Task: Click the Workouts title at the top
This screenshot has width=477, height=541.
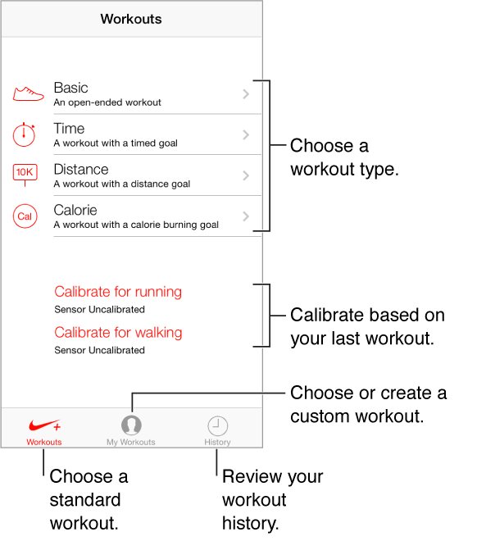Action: pyautogui.click(x=131, y=18)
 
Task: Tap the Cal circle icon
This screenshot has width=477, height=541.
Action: pyautogui.click(x=25, y=216)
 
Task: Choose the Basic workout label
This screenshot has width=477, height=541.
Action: pyautogui.click(x=70, y=88)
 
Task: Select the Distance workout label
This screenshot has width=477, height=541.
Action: pyautogui.click(x=80, y=170)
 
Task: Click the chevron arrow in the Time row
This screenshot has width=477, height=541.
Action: pyautogui.click(x=246, y=135)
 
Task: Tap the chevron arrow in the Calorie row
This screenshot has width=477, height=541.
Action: pyautogui.click(x=246, y=217)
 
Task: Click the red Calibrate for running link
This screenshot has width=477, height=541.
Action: pyautogui.click(x=118, y=292)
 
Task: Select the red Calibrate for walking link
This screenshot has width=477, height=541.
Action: pyautogui.click(x=118, y=333)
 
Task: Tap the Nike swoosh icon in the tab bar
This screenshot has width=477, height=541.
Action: pyautogui.click(x=43, y=426)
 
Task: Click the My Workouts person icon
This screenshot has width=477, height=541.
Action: pyautogui.click(x=131, y=425)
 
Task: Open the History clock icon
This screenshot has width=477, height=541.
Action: pyautogui.click(x=217, y=425)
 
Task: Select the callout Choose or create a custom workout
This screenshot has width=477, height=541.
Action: pyautogui.click(x=368, y=404)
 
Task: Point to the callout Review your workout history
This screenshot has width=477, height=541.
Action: pyautogui.click(x=273, y=500)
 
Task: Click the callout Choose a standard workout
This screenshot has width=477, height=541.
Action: pyautogui.click(x=89, y=500)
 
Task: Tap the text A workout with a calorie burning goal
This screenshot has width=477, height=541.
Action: pyautogui.click(x=136, y=225)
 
